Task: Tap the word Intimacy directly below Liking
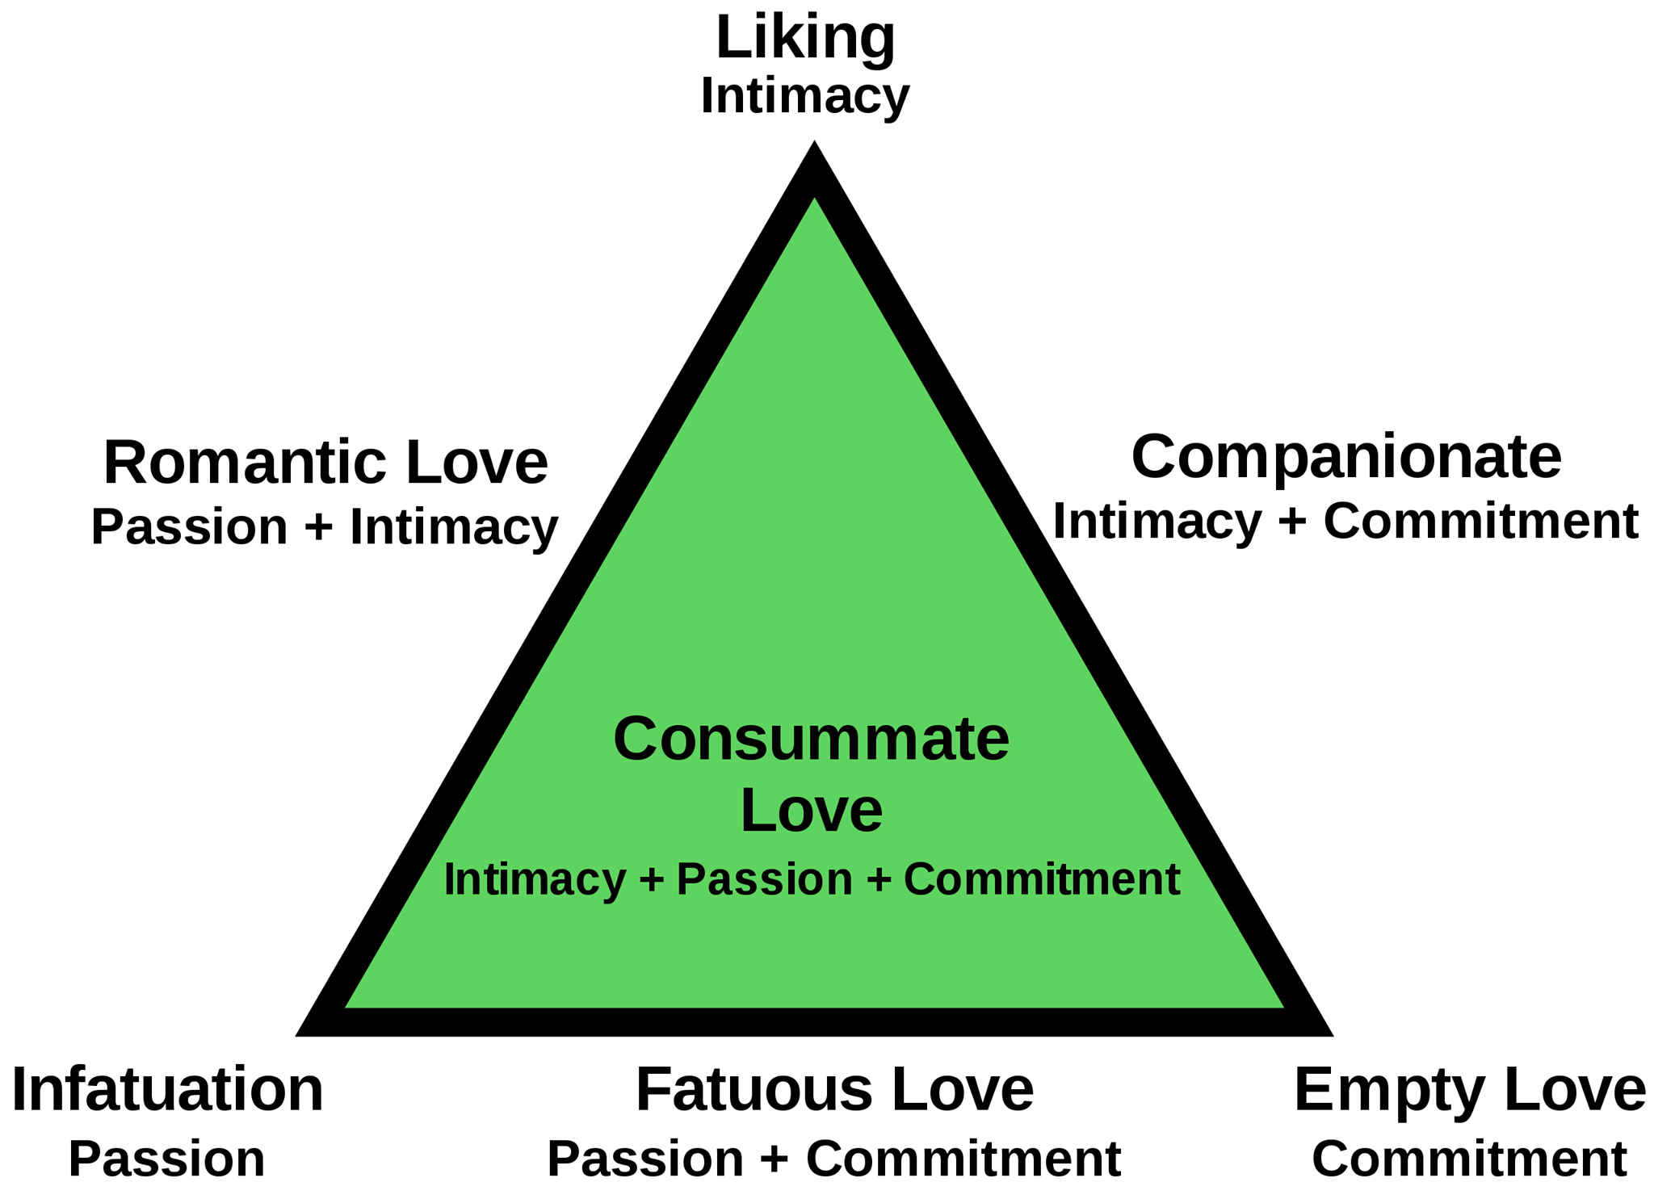(x=805, y=98)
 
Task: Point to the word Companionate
(x=1346, y=457)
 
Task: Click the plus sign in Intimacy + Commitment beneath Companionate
(x=1292, y=522)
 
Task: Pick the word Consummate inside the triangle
(x=811, y=739)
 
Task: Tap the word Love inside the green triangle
(x=811, y=810)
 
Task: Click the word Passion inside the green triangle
(x=764, y=879)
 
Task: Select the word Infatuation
(x=167, y=1090)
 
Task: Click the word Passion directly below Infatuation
(x=167, y=1160)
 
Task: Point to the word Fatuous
(x=754, y=1090)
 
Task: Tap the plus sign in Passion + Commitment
(x=775, y=1160)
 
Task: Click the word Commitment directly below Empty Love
(x=1469, y=1159)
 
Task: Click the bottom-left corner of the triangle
(x=296, y=1034)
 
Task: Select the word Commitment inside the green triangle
(x=1042, y=879)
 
